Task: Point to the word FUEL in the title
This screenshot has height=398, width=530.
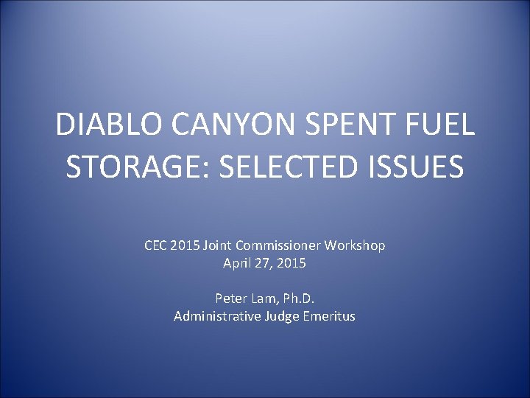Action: (x=441, y=125)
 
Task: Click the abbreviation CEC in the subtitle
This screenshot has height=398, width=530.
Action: (x=157, y=245)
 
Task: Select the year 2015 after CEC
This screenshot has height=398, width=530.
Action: (x=187, y=245)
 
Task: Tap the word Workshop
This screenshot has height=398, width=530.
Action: (x=358, y=245)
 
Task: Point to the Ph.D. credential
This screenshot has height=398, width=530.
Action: (x=297, y=298)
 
